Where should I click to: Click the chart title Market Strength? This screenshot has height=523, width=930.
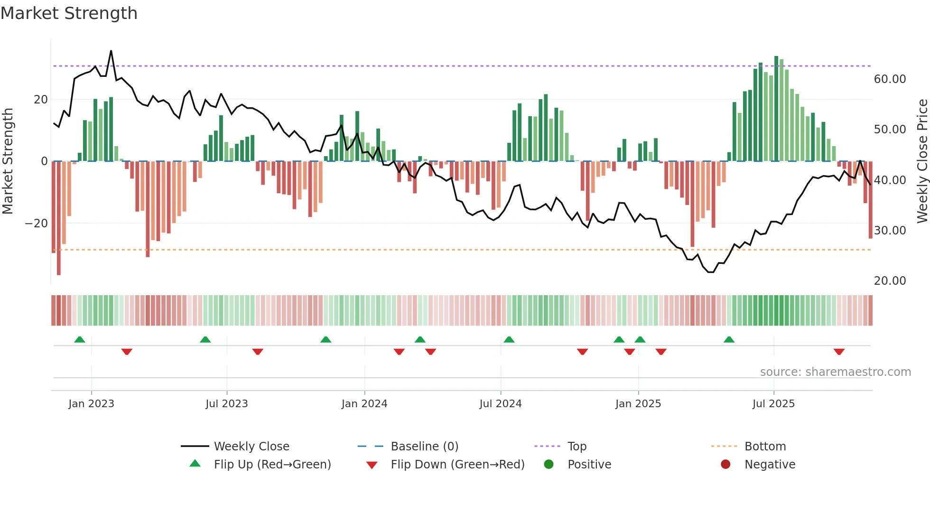69,13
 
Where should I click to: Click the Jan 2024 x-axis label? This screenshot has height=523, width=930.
364,404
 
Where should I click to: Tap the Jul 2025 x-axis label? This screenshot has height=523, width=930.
773,404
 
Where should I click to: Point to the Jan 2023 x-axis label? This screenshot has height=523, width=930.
91,404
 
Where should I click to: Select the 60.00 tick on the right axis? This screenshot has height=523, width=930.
890,79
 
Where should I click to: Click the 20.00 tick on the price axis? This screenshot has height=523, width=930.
890,281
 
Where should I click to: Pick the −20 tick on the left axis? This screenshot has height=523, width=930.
37,224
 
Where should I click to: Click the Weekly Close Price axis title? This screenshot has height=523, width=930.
922,161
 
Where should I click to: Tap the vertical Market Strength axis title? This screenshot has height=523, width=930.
8,161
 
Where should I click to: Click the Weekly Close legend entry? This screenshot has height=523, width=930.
251,447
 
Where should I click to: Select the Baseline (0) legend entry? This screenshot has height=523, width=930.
424,447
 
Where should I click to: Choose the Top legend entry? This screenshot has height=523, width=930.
577,447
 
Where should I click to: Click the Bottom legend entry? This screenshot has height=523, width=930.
765,447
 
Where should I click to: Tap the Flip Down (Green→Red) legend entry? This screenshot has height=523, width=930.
457,465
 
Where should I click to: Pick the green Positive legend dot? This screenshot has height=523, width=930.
549,465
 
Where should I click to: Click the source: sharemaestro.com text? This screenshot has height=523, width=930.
835,372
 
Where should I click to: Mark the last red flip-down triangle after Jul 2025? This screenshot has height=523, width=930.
838,352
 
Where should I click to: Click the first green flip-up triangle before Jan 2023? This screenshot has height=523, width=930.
80,340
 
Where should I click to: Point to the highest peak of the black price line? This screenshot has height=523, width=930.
111,51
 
